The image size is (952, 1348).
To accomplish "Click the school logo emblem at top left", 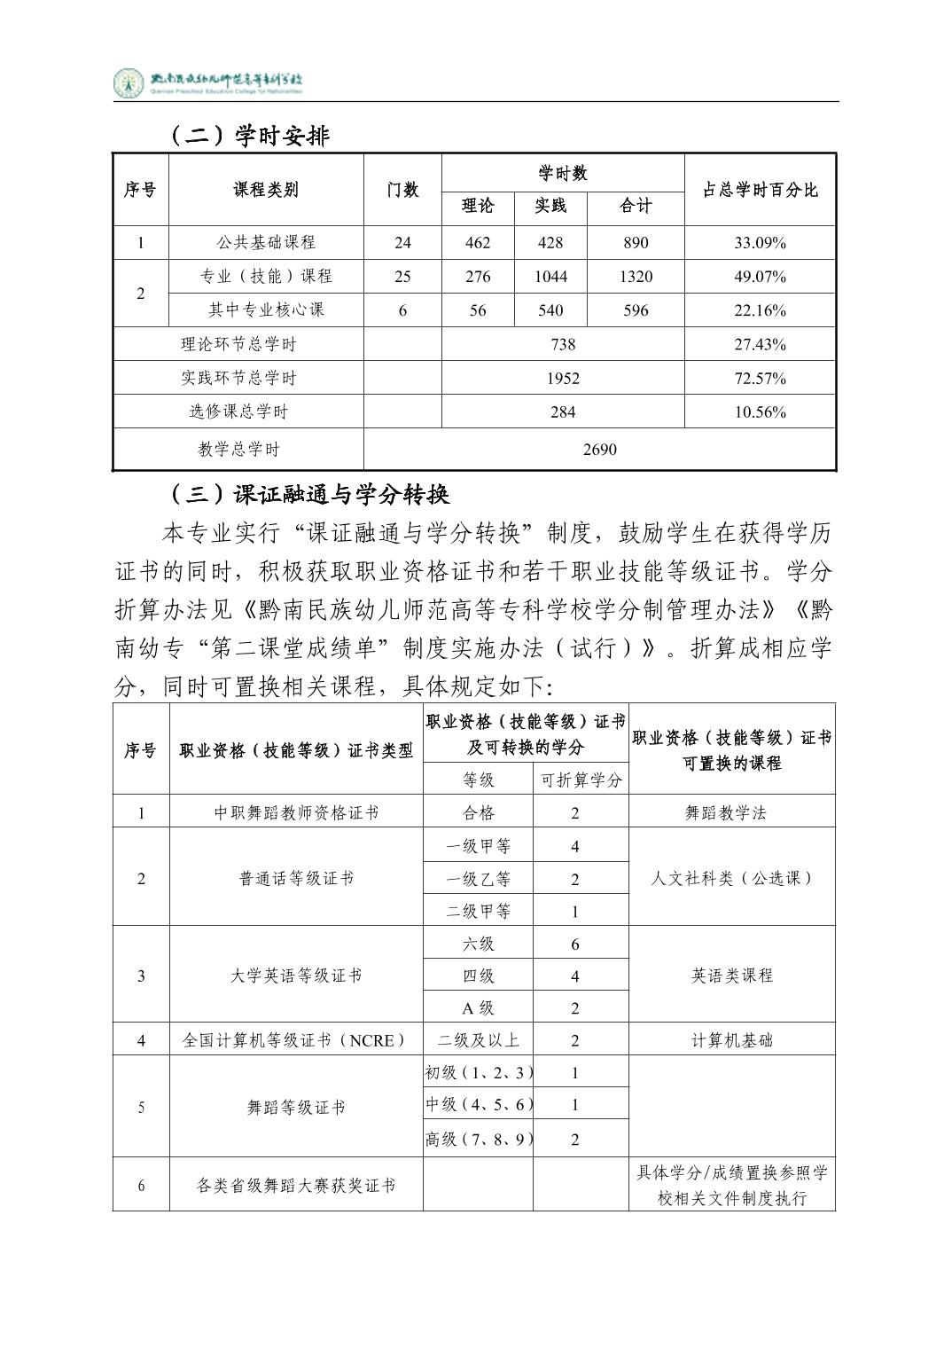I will click(129, 83).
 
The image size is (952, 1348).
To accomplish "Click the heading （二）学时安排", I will click(248, 136).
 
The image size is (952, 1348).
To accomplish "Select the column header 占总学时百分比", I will click(760, 190).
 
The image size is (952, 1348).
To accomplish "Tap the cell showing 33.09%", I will click(760, 243).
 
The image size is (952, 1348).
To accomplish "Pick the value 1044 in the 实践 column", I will click(550, 277).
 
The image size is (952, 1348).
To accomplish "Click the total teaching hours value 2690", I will click(599, 450).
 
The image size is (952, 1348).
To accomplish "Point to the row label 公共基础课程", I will click(266, 243).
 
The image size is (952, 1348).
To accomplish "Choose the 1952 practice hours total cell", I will click(563, 378).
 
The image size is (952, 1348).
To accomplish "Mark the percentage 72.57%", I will click(760, 378).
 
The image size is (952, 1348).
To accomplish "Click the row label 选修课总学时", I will click(238, 411).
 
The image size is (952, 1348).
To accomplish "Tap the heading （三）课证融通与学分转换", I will click(308, 494).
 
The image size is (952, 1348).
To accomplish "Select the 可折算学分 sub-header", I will click(581, 780).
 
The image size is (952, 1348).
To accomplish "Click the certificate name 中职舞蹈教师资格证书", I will click(296, 812).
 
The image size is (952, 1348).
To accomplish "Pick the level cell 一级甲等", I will click(478, 846).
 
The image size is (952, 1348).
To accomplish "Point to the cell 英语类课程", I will click(731, 976).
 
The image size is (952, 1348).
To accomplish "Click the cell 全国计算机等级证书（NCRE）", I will click(296, 1040).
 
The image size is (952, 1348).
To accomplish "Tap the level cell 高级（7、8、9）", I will click(478, 1140).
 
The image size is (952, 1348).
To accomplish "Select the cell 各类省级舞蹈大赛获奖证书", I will click(296, 1186).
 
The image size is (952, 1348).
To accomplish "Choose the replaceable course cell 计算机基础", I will click(731, 1040).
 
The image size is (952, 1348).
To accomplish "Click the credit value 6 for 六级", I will click(575, 944).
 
